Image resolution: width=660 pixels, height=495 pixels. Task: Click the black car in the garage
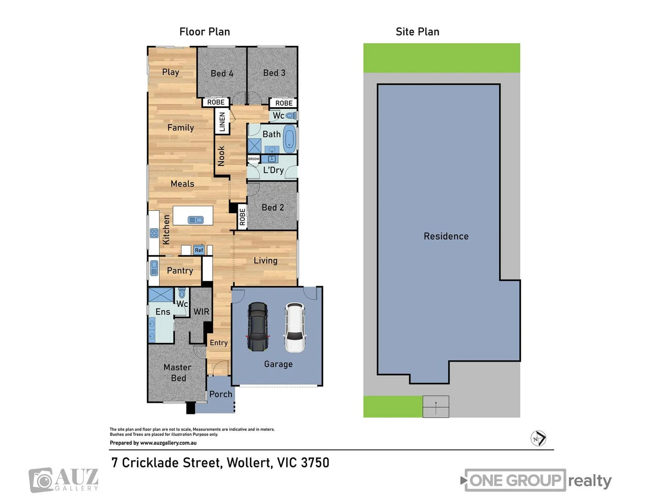pos(258,327)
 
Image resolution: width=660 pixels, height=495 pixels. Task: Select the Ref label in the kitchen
pos(199,250)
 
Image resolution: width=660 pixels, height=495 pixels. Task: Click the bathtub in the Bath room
pos(289,138)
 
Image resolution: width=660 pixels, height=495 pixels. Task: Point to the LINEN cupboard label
pos(222,122)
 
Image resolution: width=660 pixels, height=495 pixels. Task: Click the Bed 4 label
pos(222,73)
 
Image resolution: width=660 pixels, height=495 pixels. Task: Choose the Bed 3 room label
pos(274,73)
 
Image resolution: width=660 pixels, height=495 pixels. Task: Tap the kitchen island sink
pos(196,220)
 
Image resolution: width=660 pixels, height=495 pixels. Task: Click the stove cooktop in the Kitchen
pos(154,233)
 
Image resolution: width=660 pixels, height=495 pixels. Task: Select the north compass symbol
pos(539,439)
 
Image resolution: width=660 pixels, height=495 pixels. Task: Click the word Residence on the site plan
pos(446,236)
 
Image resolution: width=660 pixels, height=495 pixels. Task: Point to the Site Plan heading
pos(417,32)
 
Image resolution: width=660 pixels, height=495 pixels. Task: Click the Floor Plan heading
pos(204,32)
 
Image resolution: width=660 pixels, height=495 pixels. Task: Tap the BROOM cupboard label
pos(253,159)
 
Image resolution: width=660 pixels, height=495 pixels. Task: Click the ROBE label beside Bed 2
pos(242,217)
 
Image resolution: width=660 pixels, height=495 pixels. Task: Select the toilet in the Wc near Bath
pos(291,115)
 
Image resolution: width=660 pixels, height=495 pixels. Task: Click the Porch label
pos(220,394)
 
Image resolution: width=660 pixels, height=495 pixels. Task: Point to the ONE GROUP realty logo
pos(536,480)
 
